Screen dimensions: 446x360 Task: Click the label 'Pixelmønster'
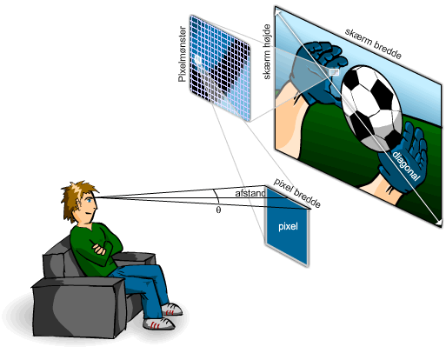pyautogui.click(x=182, y=54)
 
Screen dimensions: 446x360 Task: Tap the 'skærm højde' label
pyautogui.click(x=267, y=51)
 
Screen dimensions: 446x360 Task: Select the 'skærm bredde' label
pyautogui.click(x=373, y=43)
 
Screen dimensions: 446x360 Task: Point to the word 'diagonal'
pyautogui.click(x=406, y=165)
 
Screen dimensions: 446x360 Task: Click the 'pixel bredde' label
pyautogui.click(x=297, y=193)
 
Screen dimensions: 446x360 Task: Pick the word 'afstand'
pyautogui.click(x=250, y=193)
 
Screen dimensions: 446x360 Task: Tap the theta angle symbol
pyautogui.click(x=218, y=210)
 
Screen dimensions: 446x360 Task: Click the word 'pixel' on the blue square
pyautogui.click(x=288, y=226)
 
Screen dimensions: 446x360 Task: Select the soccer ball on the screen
pyautogui.click(x=372, y=108)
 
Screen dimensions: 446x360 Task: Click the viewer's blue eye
pyautogui.click(x=90, y=201)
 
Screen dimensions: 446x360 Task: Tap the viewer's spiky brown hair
pyautogui.click(x=75, y=197)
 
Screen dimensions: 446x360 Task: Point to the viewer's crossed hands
pyautogui.click(x=99, y=249)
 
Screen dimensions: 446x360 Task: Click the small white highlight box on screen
pyautogui.click(x=334, y=72)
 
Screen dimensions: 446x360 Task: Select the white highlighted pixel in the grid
pyautogui.click(x=198, y=60)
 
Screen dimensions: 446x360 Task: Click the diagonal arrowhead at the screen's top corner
pyautogui.click(x=278, y=12)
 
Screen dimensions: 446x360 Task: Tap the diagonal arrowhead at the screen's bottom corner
pyautogui.click(x=439, y=223)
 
